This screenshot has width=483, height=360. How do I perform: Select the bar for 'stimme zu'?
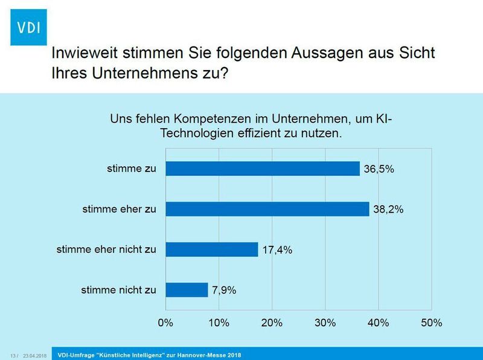point(263,169)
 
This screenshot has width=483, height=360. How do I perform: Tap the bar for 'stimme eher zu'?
point(267,209)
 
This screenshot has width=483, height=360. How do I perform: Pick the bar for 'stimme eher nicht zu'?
point(212,249)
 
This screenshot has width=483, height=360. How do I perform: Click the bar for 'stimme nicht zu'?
point(187,289)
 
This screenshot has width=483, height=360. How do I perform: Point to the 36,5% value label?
point(379,169)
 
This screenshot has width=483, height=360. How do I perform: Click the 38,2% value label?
point(388,210)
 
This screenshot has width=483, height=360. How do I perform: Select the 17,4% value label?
point(277,249)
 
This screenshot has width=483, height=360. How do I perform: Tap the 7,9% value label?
point(223,290)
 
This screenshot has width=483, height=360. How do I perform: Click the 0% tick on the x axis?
point(165,323)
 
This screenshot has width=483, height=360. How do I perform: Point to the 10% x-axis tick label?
point(219,323)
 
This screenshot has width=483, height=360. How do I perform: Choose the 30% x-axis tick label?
point(325,323)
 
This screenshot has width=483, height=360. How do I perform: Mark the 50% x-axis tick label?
point(432,323)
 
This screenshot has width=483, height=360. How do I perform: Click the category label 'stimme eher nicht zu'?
point(106,249)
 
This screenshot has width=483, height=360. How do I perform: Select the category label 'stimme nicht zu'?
point(118,290)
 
